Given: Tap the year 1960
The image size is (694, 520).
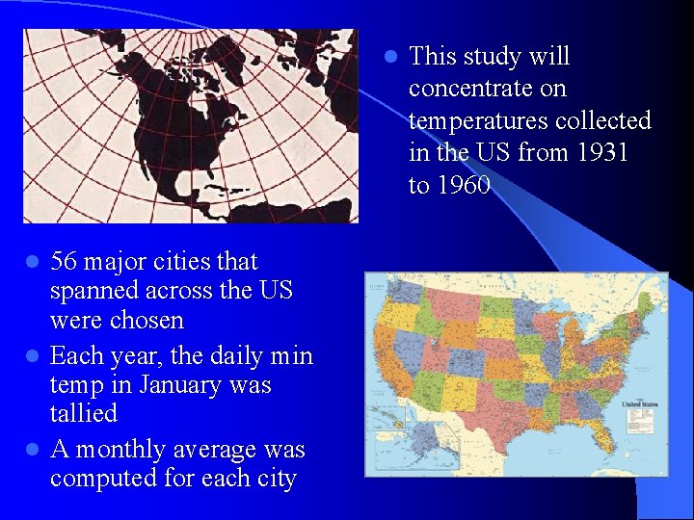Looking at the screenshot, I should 462,185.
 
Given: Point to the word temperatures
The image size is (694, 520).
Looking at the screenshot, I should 482,121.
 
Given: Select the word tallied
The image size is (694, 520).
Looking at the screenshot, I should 84,414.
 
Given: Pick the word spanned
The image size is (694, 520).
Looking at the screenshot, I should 91,290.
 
